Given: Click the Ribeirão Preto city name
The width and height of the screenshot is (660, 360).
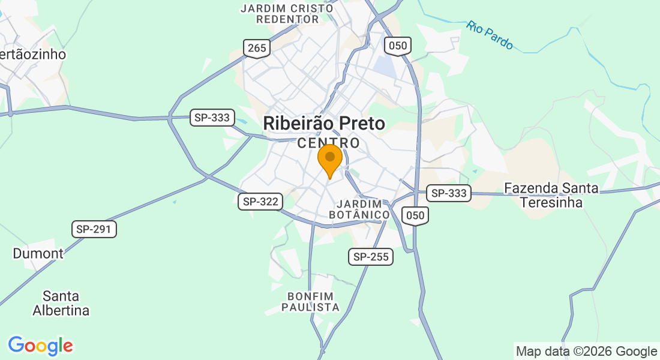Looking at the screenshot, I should pos(324,124).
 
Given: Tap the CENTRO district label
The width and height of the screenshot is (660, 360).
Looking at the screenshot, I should pos(329,143).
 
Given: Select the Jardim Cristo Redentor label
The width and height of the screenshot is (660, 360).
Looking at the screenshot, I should pos(287,13).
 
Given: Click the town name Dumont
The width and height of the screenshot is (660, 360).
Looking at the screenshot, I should pos(38,253).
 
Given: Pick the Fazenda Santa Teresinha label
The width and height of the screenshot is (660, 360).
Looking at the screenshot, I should pos(551,195).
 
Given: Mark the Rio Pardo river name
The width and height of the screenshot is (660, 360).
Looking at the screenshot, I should pos(490,35).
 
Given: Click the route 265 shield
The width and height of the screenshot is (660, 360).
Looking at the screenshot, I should pos(256,49).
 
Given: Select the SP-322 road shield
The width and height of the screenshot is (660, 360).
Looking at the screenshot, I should pos(260,202).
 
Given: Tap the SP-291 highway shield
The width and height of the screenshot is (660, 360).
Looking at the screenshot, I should pos(94,229).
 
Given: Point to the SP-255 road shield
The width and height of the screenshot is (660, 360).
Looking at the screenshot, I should pos(371,257).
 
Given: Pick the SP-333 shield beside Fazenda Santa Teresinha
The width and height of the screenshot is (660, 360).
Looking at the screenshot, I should pos(449,193).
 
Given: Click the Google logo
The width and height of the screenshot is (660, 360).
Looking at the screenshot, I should pos(40,346).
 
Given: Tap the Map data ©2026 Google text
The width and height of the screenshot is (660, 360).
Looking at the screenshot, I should pos(587,352).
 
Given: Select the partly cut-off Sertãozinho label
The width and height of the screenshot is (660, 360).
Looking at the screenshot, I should pos(32,54).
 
